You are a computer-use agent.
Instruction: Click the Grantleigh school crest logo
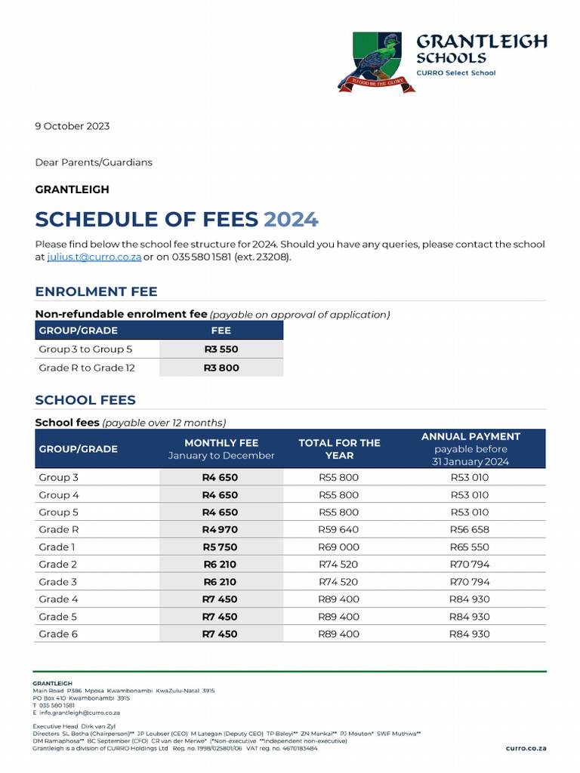click(377, 62)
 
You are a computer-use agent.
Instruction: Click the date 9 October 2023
click(72, 126)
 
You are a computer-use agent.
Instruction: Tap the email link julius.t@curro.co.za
click(94, 257)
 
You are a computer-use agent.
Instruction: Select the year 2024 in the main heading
click(291, 220)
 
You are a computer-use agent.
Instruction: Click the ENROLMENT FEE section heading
click(96, 292)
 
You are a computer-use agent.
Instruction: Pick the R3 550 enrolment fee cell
click(221, 350)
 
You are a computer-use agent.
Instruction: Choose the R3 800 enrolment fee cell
click(221, 368)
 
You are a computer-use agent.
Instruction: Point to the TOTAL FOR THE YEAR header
click(339, 448)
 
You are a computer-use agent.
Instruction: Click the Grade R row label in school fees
click(59, 530)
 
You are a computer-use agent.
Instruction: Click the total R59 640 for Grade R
click(339, 530)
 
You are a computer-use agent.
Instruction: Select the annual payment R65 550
click(470, 547)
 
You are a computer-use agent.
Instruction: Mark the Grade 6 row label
click(58, 634)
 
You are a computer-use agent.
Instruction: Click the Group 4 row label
click(59, 495)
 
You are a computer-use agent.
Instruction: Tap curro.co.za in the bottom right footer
click(526, 748)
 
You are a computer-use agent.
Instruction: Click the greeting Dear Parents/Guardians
click(94, 162)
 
